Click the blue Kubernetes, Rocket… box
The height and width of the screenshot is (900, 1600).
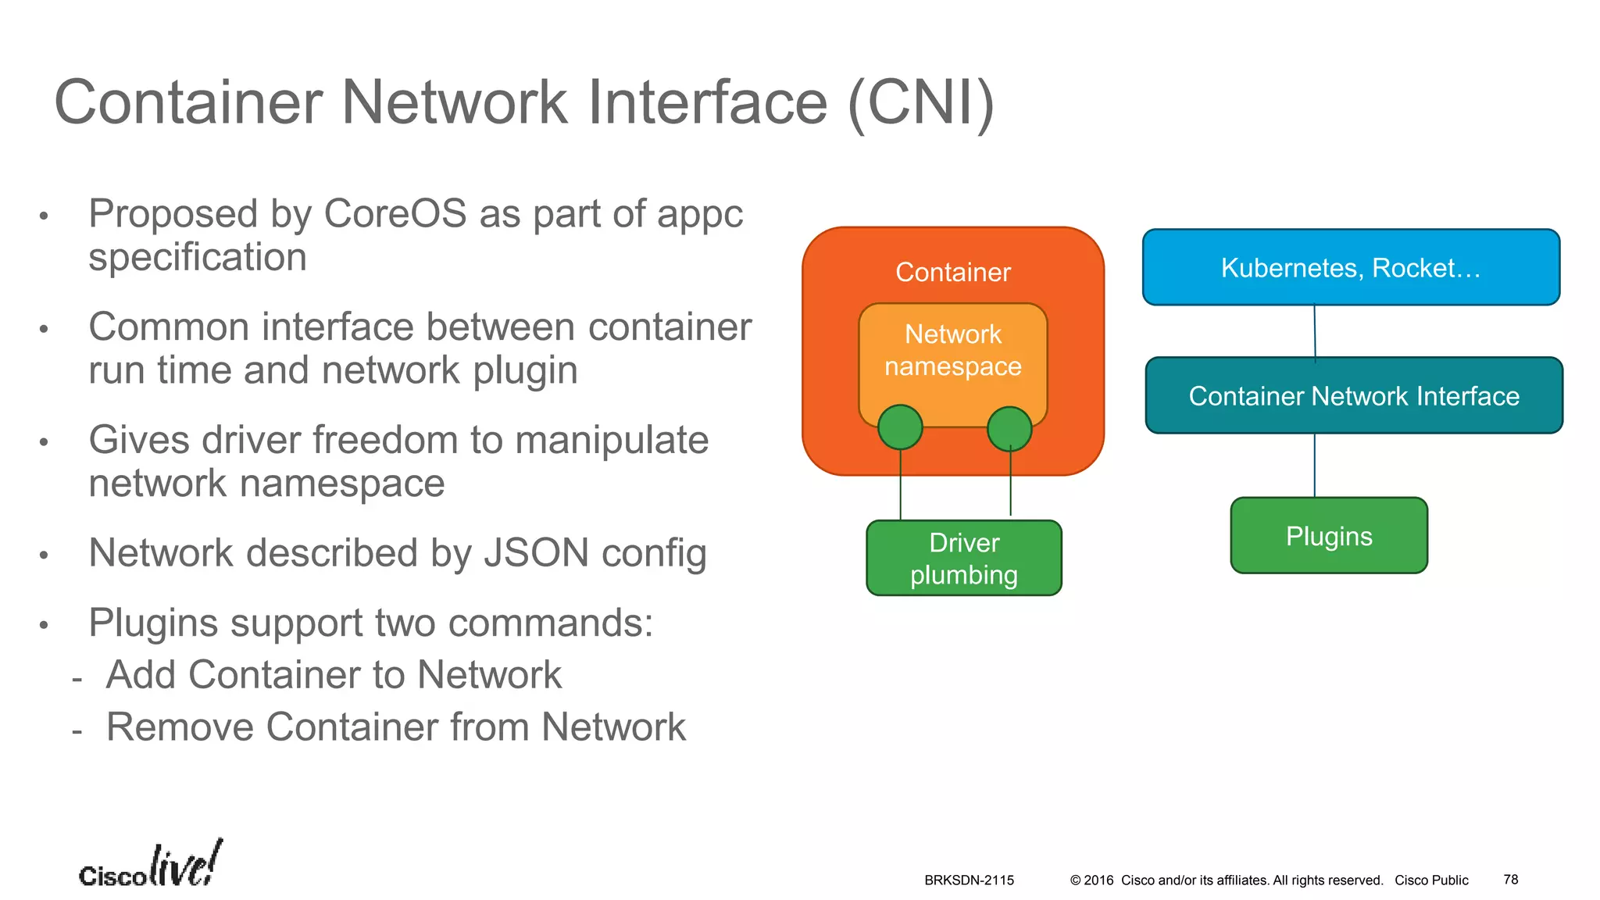click(x=1351, y=267)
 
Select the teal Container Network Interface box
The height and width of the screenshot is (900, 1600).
click(x=1353, y=395)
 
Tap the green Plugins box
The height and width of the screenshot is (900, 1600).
click(x=1329, y=536)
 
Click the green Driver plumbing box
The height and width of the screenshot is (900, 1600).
click(x=963, y=559)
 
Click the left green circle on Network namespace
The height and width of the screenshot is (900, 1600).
click(x=900, y=427)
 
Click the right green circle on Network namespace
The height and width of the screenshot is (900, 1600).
click(x=1009, y=429)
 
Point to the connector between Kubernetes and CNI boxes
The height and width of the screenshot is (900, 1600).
click(x=1315, y=331)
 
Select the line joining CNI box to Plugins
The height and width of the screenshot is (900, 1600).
click(x=1315, y=466)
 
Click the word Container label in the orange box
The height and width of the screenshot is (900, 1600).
click(x=952, y=272)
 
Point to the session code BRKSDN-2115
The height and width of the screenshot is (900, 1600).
click(x=969, y=880)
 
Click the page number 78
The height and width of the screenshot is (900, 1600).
click(x=1510, y=880)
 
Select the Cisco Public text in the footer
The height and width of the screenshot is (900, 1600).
click(x=1431, y=880)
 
